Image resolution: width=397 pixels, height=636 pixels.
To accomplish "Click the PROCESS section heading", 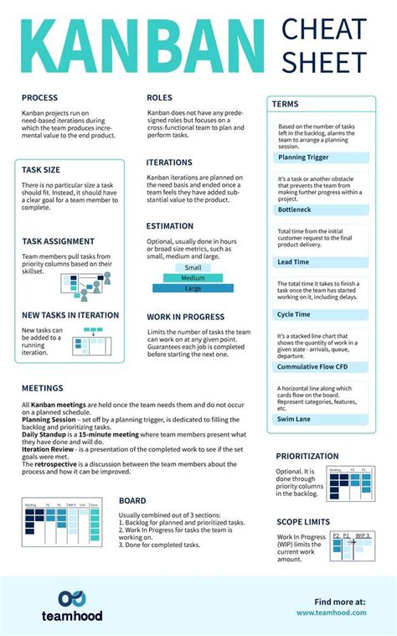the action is (40, 98).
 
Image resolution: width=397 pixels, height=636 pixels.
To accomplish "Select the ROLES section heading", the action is (159, 98).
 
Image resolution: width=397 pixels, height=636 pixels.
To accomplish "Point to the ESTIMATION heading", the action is (169, 226).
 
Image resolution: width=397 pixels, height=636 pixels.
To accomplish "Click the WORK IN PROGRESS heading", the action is (185, 318).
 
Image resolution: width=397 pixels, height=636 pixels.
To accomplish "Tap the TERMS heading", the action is (286, 104).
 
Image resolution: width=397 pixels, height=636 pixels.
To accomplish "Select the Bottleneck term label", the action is (296, 209).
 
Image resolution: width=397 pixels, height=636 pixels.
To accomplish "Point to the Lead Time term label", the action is (294, 261).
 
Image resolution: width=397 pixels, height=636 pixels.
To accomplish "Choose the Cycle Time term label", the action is (295, 314).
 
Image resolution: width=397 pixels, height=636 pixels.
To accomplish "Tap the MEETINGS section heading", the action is (43, 389).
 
